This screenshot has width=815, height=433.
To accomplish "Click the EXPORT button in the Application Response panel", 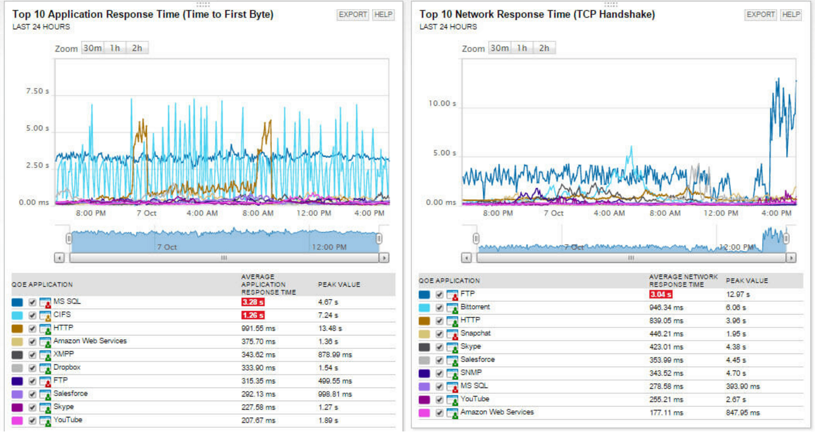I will [353, 15].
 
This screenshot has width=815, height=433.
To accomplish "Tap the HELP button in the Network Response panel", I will [791, 15].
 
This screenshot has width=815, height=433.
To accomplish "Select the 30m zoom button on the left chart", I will [92, 48].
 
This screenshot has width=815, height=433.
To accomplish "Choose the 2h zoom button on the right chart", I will [544, 48].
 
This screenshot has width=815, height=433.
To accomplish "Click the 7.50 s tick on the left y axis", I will [37, 91].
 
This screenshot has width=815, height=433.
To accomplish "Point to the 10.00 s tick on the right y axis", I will [442, 104].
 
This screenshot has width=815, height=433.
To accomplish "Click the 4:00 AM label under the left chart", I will [202, 213].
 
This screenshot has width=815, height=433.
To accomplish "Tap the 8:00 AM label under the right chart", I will [665, 213].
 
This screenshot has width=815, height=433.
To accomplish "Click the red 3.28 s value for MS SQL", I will [253, 302].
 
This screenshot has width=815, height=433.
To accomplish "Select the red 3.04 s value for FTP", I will [660, 294].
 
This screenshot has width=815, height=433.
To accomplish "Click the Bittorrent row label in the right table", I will [475, 307].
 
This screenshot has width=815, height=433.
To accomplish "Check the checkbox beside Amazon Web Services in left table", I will [33, 342].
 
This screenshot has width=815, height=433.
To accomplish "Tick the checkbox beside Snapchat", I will [439, 334].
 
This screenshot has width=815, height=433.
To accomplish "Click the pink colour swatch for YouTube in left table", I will [17, 420].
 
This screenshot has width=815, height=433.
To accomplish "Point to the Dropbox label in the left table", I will [67, 367].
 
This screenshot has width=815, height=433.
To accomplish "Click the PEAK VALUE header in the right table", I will [747, 281].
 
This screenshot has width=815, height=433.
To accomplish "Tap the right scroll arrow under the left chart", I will [384, 258].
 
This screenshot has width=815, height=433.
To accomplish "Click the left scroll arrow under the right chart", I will [467, 258].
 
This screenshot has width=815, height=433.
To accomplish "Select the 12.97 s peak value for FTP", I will [738, 295].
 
